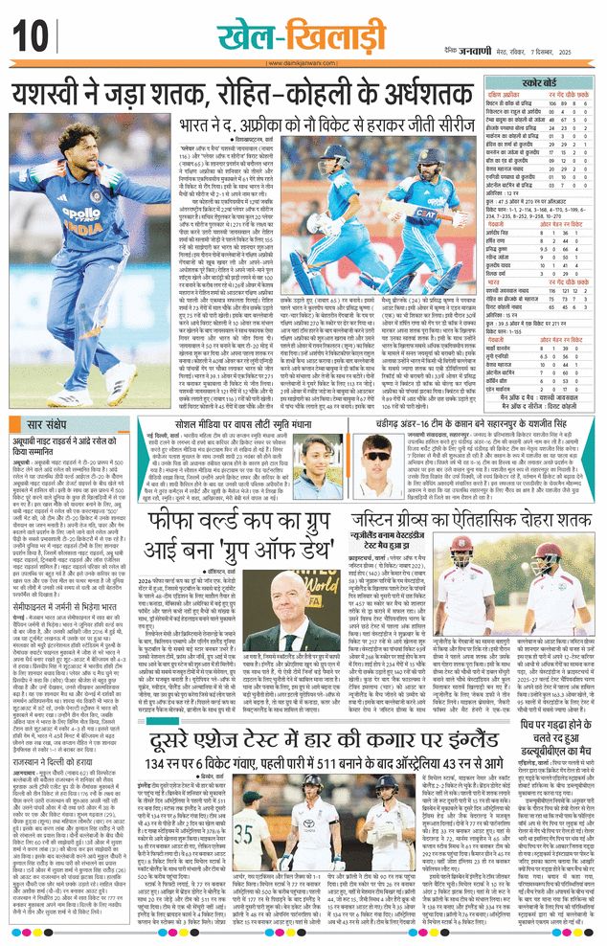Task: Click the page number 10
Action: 29,36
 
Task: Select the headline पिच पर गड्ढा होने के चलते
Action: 542,777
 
